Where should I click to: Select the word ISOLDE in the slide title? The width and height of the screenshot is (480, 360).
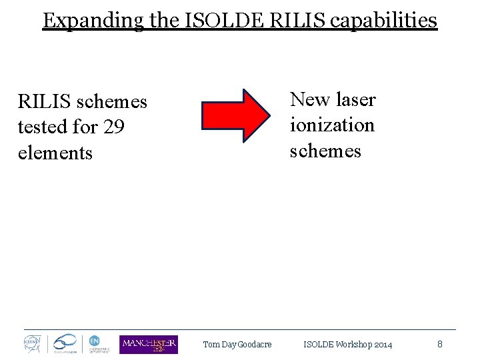pyautogui.click(x=222, y=21)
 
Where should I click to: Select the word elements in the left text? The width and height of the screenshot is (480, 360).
pyautogui.click(x=55, y=153)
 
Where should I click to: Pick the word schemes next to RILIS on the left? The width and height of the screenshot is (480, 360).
pyautogui.click(x=111, y=101)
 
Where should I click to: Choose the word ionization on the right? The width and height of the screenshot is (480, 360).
pyautogui.click(x=332, y=125)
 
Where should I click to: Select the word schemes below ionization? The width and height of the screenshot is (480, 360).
pyautogui.click(x=325, y=151)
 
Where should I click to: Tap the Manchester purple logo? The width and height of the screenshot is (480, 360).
pyautogui.click(x=149, y=344)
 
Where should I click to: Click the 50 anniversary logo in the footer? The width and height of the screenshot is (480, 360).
pyautogui.click(x=65, y=344)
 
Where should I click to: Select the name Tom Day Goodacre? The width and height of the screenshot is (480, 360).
pyautogui.click(x=237, y=345)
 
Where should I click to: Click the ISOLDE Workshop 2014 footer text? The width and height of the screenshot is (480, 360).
pyautogui.click(x=347, y=345)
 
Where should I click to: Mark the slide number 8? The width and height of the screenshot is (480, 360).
pyautogui.click(x=440, y=344)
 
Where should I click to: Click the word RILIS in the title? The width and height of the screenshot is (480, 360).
pyautogui.click(x=293, y=21)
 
